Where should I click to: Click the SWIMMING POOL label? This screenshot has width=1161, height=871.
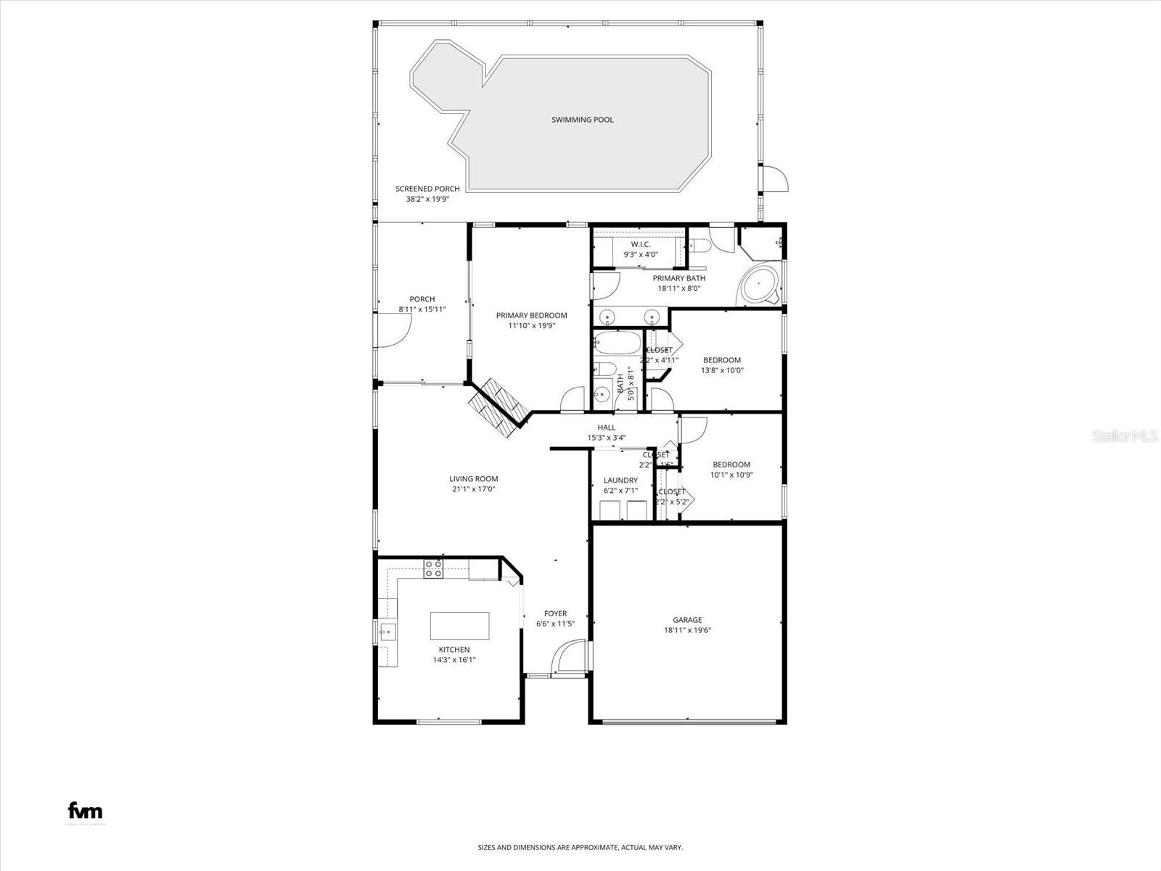[582, 120]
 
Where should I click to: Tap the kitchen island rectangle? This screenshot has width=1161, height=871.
[459, 626]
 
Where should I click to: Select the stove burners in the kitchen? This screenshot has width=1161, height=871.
[434, 569]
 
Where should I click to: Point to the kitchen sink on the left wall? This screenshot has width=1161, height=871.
[387, 632]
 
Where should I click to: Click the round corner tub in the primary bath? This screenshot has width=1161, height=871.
[759, 285]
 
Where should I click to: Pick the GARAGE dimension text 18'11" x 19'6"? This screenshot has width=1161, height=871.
[687, 630]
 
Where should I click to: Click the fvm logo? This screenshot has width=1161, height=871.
[85, 811]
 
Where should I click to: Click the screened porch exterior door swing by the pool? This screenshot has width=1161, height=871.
[775, 179]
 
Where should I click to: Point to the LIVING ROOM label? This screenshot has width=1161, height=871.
[473, 479]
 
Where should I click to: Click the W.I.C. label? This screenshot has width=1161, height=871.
[640, 245]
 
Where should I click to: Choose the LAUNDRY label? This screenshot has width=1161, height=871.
[620, 481]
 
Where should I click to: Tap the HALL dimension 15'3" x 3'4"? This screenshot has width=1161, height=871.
[606, 438]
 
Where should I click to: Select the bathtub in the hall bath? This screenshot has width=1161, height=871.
[617, 343]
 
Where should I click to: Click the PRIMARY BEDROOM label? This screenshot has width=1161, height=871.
[531, 316]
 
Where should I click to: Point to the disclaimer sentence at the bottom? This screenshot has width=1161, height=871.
[580, 847]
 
